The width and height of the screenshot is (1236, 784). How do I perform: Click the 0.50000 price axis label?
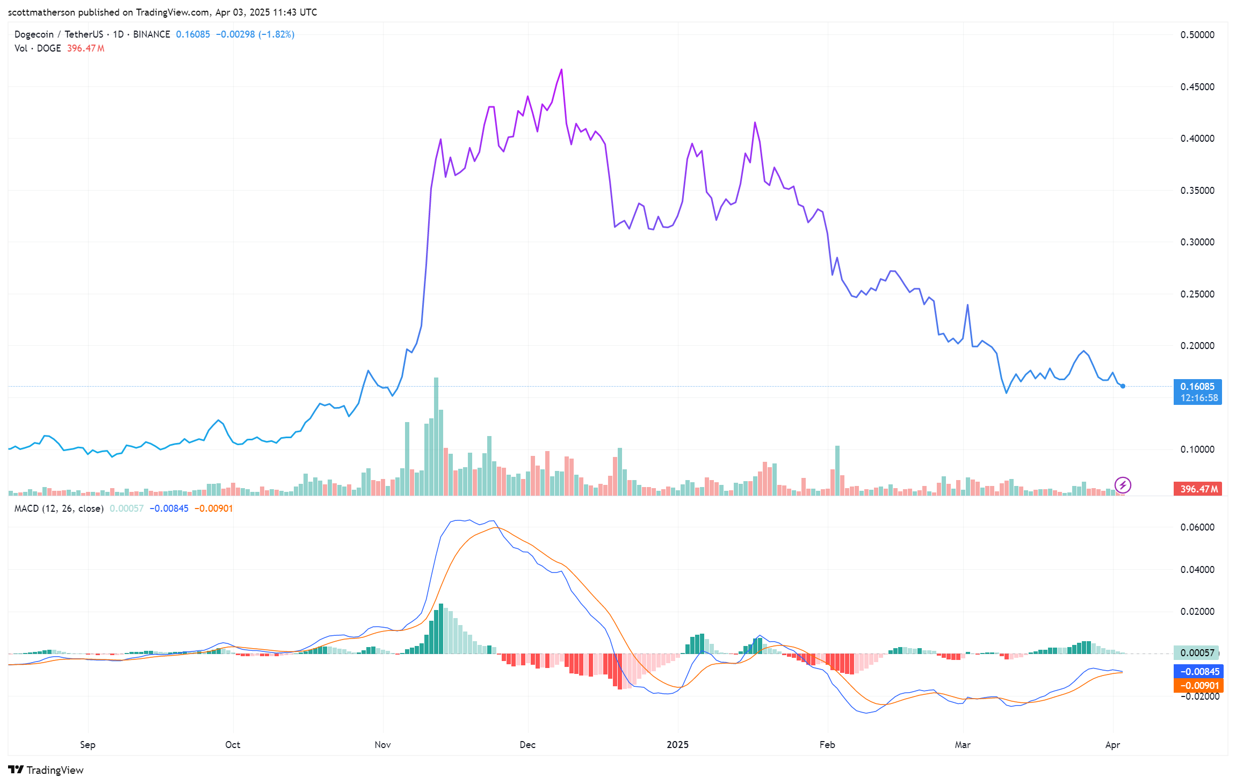[x=1197, y=35]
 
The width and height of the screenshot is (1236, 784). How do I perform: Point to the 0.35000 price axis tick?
[x=1197, y=191]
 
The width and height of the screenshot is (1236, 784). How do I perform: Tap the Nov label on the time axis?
[x=382, y=745]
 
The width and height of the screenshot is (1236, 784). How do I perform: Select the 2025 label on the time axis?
[x=677, y=745]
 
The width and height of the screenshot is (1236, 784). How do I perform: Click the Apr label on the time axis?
[x=1112, y=745]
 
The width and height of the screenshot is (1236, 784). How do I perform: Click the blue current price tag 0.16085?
[x=1197, y=387]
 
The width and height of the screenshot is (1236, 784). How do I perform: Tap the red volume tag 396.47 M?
[x=1197, y=489]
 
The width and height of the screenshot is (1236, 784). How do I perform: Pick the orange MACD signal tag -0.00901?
[x=1198, y=686]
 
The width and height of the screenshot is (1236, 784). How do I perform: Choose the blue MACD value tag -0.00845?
[x=1198, y=672]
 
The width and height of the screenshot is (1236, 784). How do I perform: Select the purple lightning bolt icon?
[x=1123, y=485]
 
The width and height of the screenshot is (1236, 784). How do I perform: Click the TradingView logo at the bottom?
[x=46, y=770]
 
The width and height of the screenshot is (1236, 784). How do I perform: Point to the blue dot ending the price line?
[x=1123, y=386]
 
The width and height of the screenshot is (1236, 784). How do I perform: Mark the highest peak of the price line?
[x=561, y=70]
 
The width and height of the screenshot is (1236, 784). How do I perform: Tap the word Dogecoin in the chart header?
[x=34, y=34]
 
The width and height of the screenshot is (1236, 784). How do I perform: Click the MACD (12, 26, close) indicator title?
[x=59, y=509]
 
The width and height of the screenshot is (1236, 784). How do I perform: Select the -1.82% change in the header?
[x=276, y=34]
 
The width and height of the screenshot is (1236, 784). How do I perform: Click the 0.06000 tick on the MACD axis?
[x=1197, y=527]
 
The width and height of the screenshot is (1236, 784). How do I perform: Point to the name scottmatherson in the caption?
[x=41, y=12]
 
